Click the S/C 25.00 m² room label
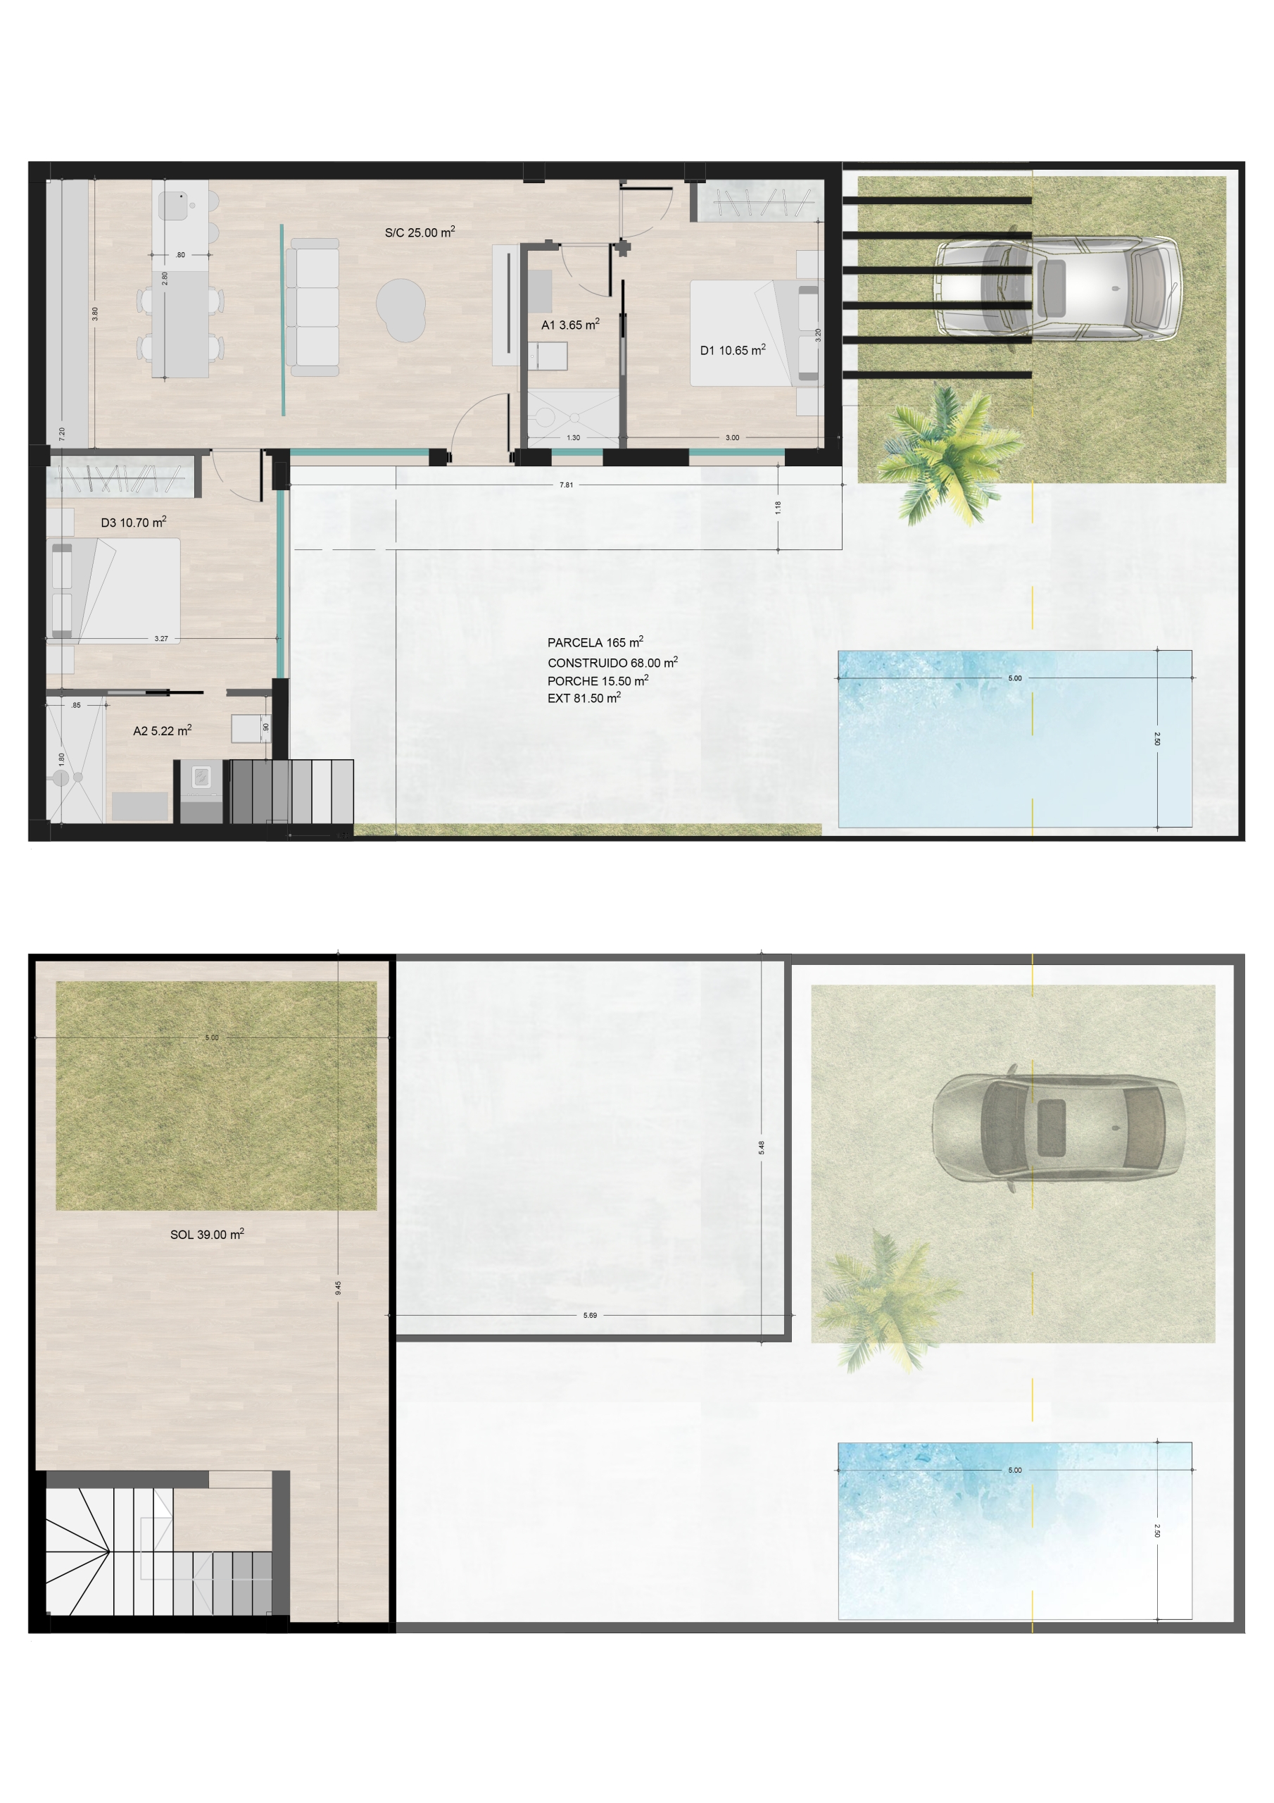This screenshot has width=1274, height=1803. (420, 232)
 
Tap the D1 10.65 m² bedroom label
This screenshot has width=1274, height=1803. (732, 349)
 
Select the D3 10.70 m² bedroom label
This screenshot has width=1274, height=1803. (134, 521)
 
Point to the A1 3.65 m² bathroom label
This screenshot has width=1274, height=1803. (571, 323)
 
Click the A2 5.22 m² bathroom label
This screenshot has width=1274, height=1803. (163, 730)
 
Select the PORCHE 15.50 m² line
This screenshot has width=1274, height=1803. (598, 680)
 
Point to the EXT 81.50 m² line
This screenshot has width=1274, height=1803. (584, 697)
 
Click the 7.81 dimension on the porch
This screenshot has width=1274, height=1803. (566, 485)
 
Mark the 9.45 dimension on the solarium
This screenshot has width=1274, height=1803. (338, 1288)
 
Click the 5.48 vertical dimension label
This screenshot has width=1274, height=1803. (761, 1147)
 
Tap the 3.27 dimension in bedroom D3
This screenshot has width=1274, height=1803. (161, 638)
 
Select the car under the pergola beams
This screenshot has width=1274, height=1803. (1057, 288)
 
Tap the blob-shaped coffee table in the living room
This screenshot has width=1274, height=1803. (401, 309)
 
